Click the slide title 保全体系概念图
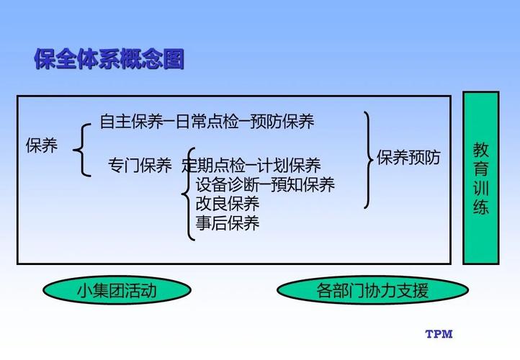(x=109, y=58)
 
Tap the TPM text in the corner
(x=439, y=334)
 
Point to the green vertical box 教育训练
(x=480, y=177)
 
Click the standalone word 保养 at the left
(x=42, y=145)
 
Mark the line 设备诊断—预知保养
(x=264, y=185)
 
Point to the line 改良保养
(x=227, y=204)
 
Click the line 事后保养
(x=227, y=223)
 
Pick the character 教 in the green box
(x=480, y=150)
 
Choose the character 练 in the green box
(x=480, y=207)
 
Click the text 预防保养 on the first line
(x=283, y=122)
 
